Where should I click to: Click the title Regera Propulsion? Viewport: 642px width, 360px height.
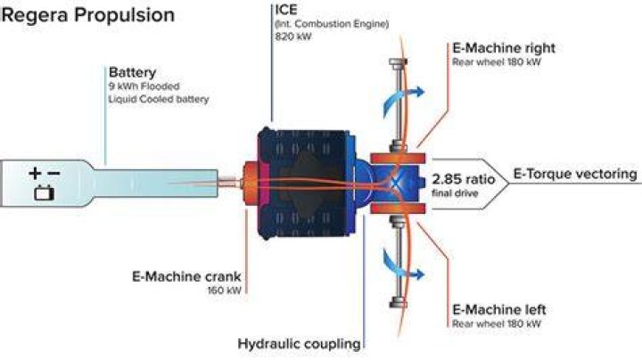[88, 15]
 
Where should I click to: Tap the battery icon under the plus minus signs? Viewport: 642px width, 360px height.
[45, 192]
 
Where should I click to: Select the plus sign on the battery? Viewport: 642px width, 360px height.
[35, 174]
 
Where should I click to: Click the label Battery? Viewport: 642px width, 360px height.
[132, 72]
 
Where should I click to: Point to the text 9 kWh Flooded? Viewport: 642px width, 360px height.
[144, 86]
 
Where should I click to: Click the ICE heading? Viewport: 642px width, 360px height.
[286, 10]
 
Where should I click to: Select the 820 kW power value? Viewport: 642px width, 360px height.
[293, 37]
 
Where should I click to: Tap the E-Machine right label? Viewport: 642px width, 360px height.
[504, 48]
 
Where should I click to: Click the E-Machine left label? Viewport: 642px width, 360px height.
[499, 309]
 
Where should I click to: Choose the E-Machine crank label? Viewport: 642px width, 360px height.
[186, 276]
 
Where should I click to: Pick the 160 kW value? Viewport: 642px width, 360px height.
[225, 290]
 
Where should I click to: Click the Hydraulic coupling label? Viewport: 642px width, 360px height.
[300, 344]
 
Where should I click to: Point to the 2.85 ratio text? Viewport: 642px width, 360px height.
[463, 179]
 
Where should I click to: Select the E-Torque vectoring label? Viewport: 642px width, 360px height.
[575, 174]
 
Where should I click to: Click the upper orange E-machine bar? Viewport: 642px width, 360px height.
[398, 159]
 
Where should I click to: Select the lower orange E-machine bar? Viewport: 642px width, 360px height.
[398, 209]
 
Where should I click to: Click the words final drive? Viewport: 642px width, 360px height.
[455, 192]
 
